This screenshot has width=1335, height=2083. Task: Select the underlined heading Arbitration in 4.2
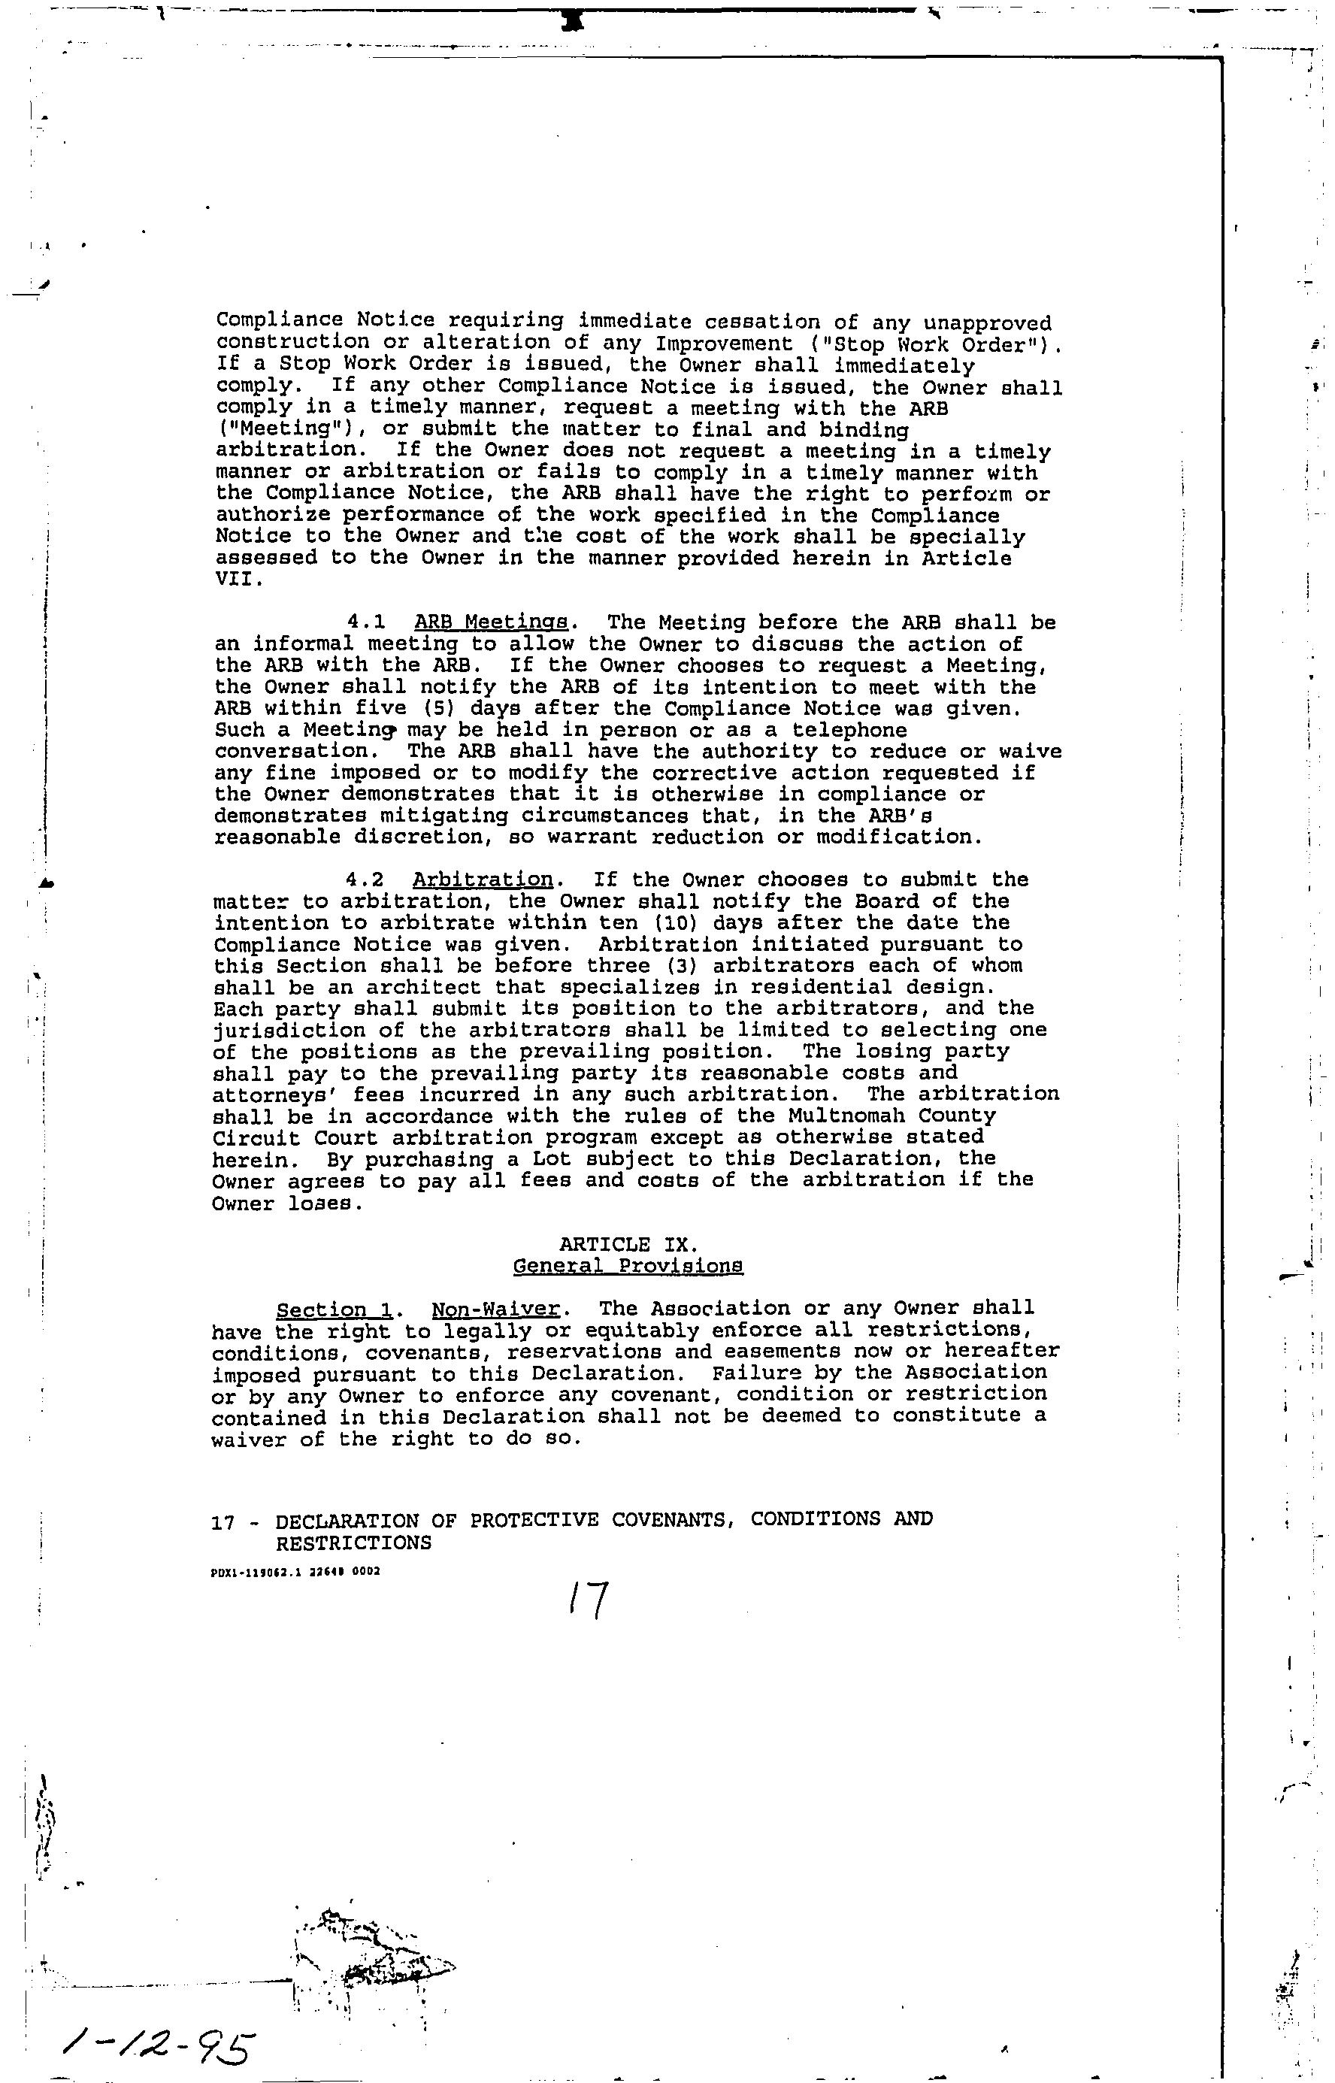point(482,879)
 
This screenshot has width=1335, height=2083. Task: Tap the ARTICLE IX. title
point(628,1244)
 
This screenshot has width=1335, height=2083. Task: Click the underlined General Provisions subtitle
point(628,1266)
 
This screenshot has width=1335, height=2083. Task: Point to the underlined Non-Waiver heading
point(494,1308)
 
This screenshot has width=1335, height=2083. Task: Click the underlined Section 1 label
point(332,1309)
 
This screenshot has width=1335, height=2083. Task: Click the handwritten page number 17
point(589,1600)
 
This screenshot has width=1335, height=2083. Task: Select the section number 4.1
point(365,622)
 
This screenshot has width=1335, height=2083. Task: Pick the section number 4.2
point(364,880)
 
